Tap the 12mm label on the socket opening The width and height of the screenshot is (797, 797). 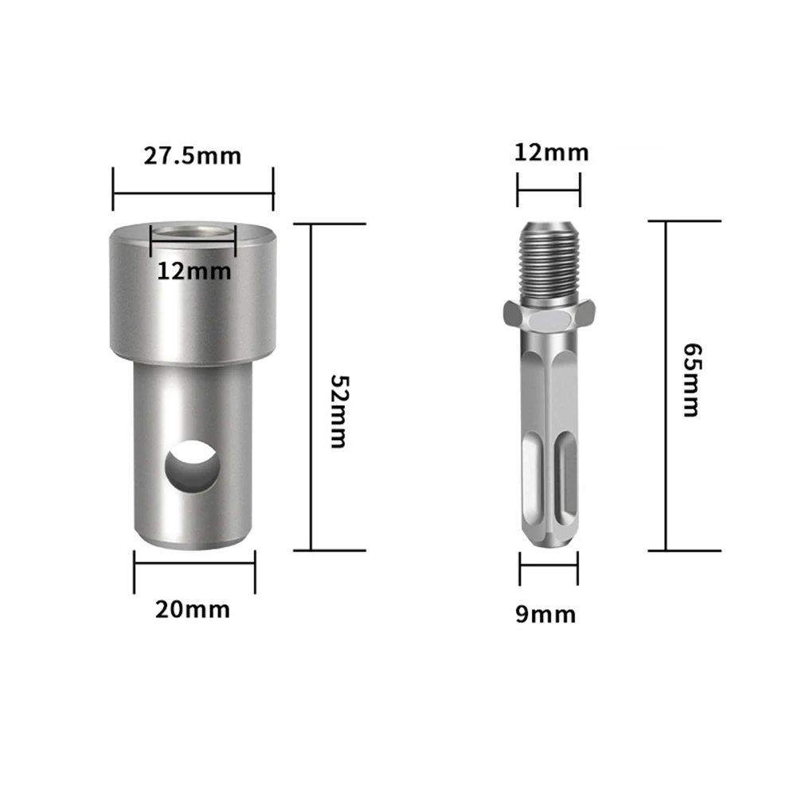(x=193, y=271)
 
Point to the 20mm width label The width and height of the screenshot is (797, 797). (x=193, y=610)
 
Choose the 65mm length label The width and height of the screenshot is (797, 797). (x=691, y=380)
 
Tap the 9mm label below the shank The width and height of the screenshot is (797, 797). (x=545, y=614)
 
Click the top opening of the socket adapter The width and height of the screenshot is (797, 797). (x=193, y=233)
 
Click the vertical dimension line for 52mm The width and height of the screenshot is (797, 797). (x=311, y=386)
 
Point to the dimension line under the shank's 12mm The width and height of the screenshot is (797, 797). (x=548, y=190)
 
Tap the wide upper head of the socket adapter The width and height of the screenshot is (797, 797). (x=193, y=303)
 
